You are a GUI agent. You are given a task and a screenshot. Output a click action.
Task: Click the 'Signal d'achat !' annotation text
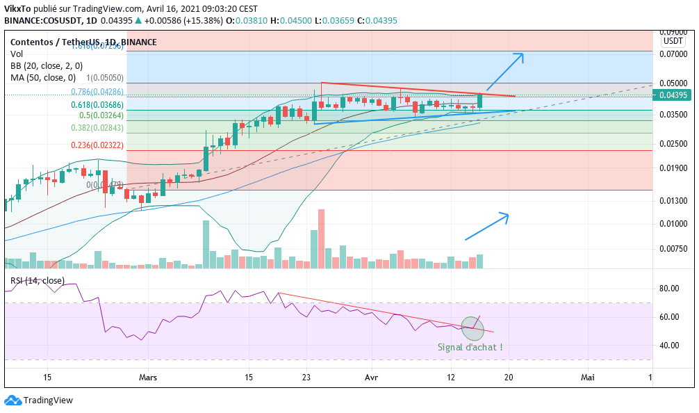[x=470, y=347]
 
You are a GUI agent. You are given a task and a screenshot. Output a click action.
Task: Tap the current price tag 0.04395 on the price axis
[x=673, y=95]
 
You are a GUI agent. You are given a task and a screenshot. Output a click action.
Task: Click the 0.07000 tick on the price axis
[x=673, y=53]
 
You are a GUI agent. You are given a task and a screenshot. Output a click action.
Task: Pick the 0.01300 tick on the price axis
[x=673, y=201]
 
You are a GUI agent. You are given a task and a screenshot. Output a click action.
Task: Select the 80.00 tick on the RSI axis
[x=668, y=289]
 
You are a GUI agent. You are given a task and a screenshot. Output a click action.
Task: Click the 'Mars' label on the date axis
[x=148, y=377]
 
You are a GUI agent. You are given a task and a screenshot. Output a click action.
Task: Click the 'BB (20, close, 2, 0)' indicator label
[x=47, y=65]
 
